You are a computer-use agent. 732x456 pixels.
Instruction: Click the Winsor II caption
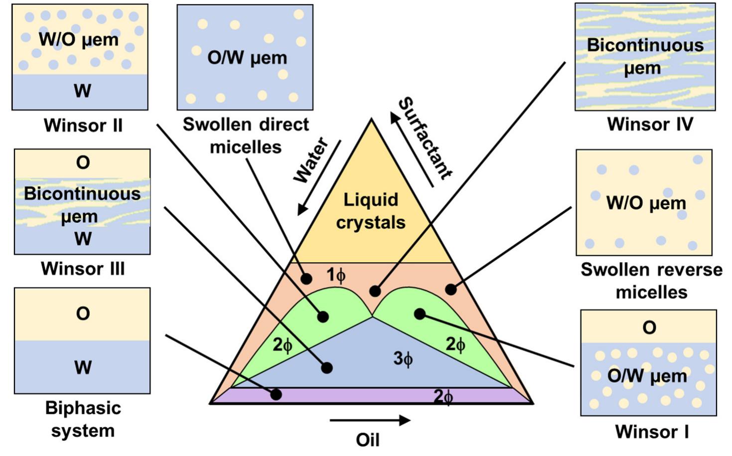(x=83, y=125)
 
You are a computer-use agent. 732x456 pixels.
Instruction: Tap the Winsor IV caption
(x=650, y=124)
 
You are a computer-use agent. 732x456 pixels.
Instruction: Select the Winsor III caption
(x=83, y=269)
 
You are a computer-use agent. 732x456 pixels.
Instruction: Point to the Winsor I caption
(x=652, y=432)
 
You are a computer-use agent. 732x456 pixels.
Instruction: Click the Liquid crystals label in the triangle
(x=371, y=211)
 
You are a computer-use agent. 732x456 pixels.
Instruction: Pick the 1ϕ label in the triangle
(x=336, y=275)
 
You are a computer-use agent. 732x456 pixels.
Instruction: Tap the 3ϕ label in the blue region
(x=403, y=358)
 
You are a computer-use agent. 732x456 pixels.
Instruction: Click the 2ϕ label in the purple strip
(x=443, y=397)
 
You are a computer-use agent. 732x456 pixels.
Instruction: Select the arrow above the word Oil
(x=370, y=421)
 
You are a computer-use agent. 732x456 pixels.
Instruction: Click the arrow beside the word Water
(x=319, y=177)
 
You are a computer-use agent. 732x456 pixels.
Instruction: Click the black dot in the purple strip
(x=276, y=395)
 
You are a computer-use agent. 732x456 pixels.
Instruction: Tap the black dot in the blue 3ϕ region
(x=327, y=368)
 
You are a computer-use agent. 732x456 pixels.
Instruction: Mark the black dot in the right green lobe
(x=420, y=313)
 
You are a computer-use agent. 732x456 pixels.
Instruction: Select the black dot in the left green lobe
(x=323, y=316)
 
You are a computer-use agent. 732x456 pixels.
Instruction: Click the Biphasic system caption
(x=83, y=419)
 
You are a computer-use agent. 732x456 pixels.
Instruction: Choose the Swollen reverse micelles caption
(x=651, y=281)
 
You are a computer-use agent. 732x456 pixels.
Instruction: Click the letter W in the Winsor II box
(x=83, y=91)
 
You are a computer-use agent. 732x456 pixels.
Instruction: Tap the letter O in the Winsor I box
(x=649, y=328)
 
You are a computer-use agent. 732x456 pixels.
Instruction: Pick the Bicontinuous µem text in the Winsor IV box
(x=645, y=56)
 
